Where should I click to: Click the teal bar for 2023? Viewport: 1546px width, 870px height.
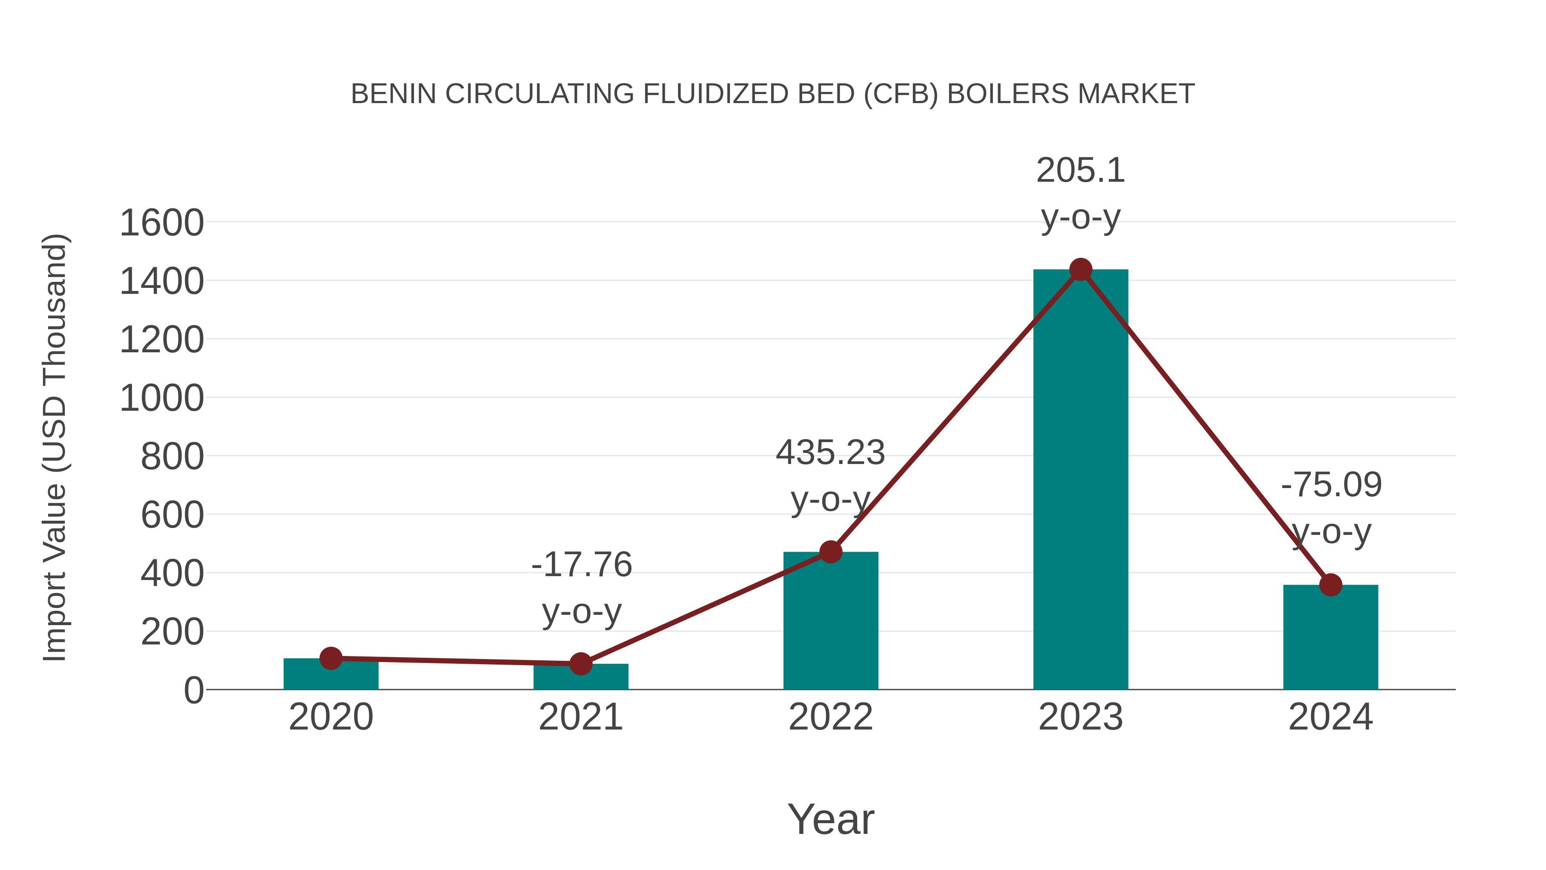tap(1080, 480)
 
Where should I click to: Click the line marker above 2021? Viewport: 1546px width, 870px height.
tap(580, 663)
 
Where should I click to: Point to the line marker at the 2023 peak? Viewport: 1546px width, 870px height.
tap(1080, 269)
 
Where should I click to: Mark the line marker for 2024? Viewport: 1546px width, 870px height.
tap(1330, 584)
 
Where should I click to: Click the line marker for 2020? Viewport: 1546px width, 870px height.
tap(331, 658)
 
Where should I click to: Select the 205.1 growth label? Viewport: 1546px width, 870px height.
tap(1080, 171)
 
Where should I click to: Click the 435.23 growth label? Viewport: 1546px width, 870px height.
tap(831, 453)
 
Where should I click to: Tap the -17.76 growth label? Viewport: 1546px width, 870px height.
tap(581, 565)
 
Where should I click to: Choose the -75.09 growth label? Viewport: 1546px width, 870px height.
tap(1331, 485)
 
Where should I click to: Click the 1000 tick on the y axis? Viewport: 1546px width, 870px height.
tap(162, 398)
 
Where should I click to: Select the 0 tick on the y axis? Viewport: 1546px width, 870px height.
tap(193, 690)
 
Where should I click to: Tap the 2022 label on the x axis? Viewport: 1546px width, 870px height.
tap(831, 717)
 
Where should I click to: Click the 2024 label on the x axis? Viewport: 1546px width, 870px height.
tap(1330, 717)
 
